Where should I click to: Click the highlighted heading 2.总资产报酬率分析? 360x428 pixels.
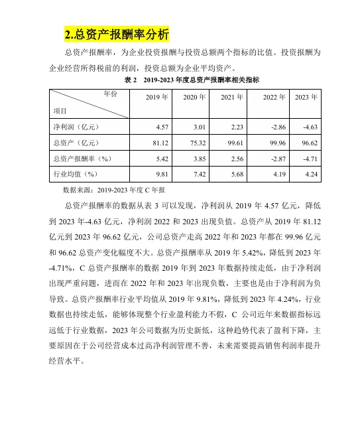click(117, 34)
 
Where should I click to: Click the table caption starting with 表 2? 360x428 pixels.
click(192, 80)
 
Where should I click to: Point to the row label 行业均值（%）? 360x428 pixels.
click(75, 174)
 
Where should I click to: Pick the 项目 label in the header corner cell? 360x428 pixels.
click(61, 109)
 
